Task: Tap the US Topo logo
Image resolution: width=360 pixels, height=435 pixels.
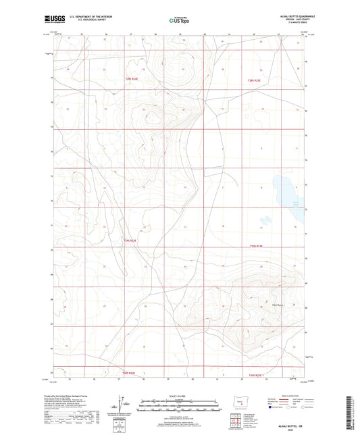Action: click(176, 20)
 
